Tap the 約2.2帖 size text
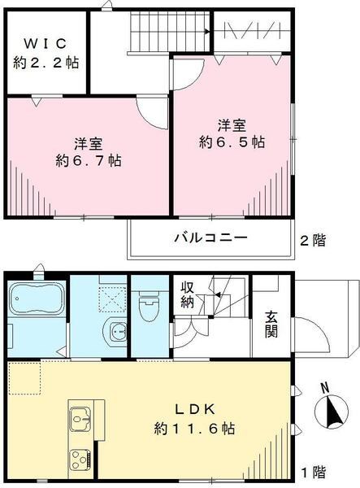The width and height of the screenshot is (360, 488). [x=46, y=63]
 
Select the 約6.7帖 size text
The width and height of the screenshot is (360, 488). [x=89, y=161]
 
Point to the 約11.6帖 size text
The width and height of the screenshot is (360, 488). [x=195, y=428]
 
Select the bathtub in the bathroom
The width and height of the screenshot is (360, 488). [x=37, y=300]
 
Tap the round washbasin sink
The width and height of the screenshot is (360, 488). [x=118, y=332]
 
